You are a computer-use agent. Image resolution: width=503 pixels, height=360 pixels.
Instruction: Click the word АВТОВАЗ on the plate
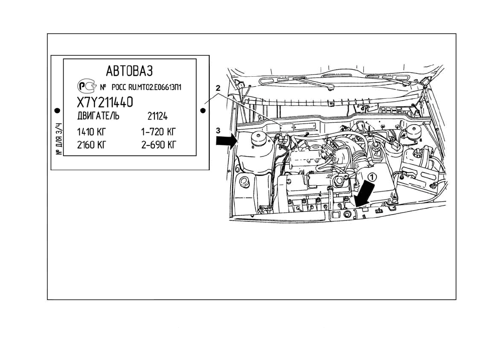click(x=129, y=70)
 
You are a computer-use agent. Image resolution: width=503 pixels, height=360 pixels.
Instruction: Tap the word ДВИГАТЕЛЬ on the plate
click(x=98, y=116)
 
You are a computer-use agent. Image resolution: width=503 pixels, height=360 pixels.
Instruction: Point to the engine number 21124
click(x=157, y=117)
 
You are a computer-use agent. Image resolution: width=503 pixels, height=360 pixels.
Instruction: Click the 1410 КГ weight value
click(x=92, y=132)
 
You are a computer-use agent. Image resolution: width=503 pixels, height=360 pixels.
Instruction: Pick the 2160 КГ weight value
click(x=92, y=145)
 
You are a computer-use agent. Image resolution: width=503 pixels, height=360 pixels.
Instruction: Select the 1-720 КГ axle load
click(x=159, y=132)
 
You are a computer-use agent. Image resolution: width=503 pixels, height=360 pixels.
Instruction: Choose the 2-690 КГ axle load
click(x=159, y=145)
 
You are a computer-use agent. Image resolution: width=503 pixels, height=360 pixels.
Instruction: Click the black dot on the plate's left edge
click(x=57, y=110)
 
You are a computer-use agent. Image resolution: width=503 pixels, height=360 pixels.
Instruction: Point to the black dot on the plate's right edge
click(x=203, y=111)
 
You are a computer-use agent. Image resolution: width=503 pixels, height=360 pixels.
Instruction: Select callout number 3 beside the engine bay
click(x=217, y=130)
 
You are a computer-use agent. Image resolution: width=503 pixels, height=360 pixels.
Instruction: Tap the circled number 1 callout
click(x=372, y=176)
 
